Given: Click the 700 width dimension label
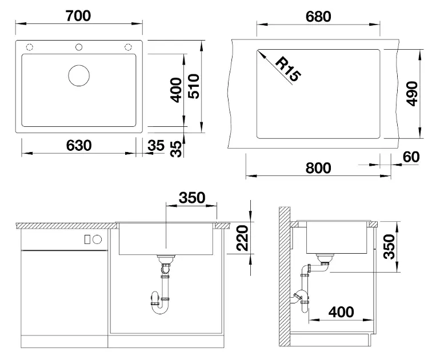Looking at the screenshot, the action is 78,16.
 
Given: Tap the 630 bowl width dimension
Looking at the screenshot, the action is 79,145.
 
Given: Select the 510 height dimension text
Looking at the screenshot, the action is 194,86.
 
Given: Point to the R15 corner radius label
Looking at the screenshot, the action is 289,69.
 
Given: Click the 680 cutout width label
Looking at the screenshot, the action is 318,17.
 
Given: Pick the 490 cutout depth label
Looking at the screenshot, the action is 412,94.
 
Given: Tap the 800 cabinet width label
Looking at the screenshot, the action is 318,168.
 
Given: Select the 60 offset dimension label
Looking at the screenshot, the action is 411,157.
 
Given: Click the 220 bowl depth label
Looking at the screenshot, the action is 242,238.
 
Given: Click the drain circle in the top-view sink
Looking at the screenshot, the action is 79,75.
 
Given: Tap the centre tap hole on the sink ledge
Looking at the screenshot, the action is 79,47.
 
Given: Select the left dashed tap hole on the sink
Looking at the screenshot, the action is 30,47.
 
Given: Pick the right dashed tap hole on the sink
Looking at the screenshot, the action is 128,47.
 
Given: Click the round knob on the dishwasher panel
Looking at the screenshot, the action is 97,239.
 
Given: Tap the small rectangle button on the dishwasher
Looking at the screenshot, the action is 87,239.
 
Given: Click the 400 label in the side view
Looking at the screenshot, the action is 341,312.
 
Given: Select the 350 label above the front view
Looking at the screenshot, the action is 192,198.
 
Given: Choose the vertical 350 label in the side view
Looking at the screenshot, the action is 389,247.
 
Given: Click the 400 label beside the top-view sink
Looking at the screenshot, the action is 176,90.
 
